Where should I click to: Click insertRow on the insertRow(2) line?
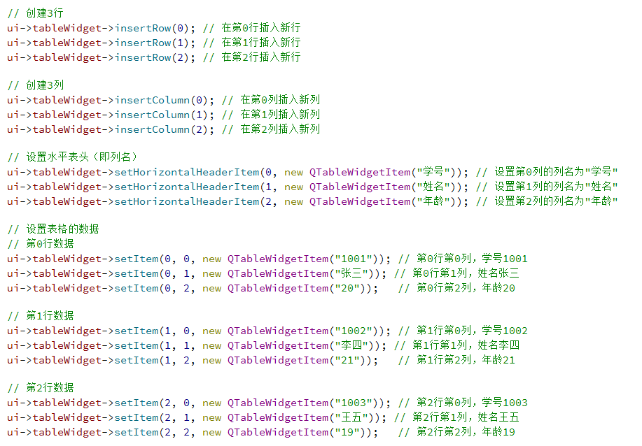[x=143, y=57]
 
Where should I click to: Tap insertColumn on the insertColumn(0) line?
[x=152, y=100]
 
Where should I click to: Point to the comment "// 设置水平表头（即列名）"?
[x=73, y=157]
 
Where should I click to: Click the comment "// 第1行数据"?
[x=41, y=316]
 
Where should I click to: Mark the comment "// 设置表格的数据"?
[x=53, y=229]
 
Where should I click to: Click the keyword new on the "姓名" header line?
[x=293, y=187]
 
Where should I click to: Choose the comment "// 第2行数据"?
[x=41, y=388]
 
